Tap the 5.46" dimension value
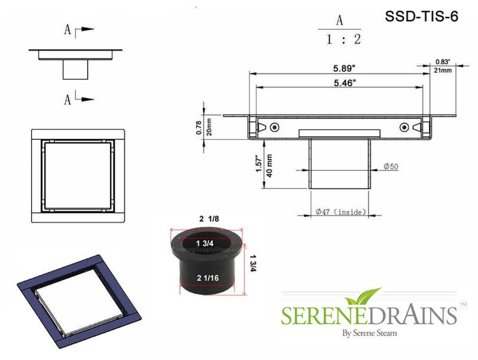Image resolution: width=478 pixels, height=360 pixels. click(x=339, y=83)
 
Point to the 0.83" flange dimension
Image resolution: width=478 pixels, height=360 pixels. click(x=443, y=62)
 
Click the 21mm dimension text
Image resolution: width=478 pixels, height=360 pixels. click(x=443, y=71)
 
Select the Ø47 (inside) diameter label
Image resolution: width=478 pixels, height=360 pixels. click(x=341, y=212)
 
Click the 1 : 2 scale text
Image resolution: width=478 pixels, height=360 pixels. click(x=339, y=41)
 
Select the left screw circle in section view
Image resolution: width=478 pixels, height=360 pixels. click(x=274, y=127)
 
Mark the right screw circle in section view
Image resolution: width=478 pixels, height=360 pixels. click(x=405, y=127)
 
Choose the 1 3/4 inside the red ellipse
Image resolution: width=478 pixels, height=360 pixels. click(x=207, y=243)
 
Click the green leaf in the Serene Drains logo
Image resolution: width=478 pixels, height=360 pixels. click(x=366, y=295)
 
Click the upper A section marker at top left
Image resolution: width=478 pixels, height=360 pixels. click(x=71, y=29)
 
